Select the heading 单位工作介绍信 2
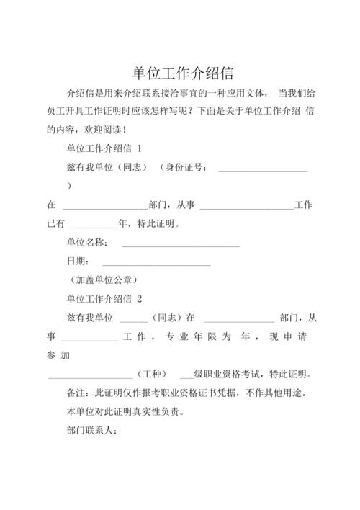pos(104,298)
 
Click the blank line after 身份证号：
pos(263,170)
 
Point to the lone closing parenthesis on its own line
pos(68,186)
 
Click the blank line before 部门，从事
pos(105,207)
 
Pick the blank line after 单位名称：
pos(180,246)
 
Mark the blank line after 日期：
pos(156,264)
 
